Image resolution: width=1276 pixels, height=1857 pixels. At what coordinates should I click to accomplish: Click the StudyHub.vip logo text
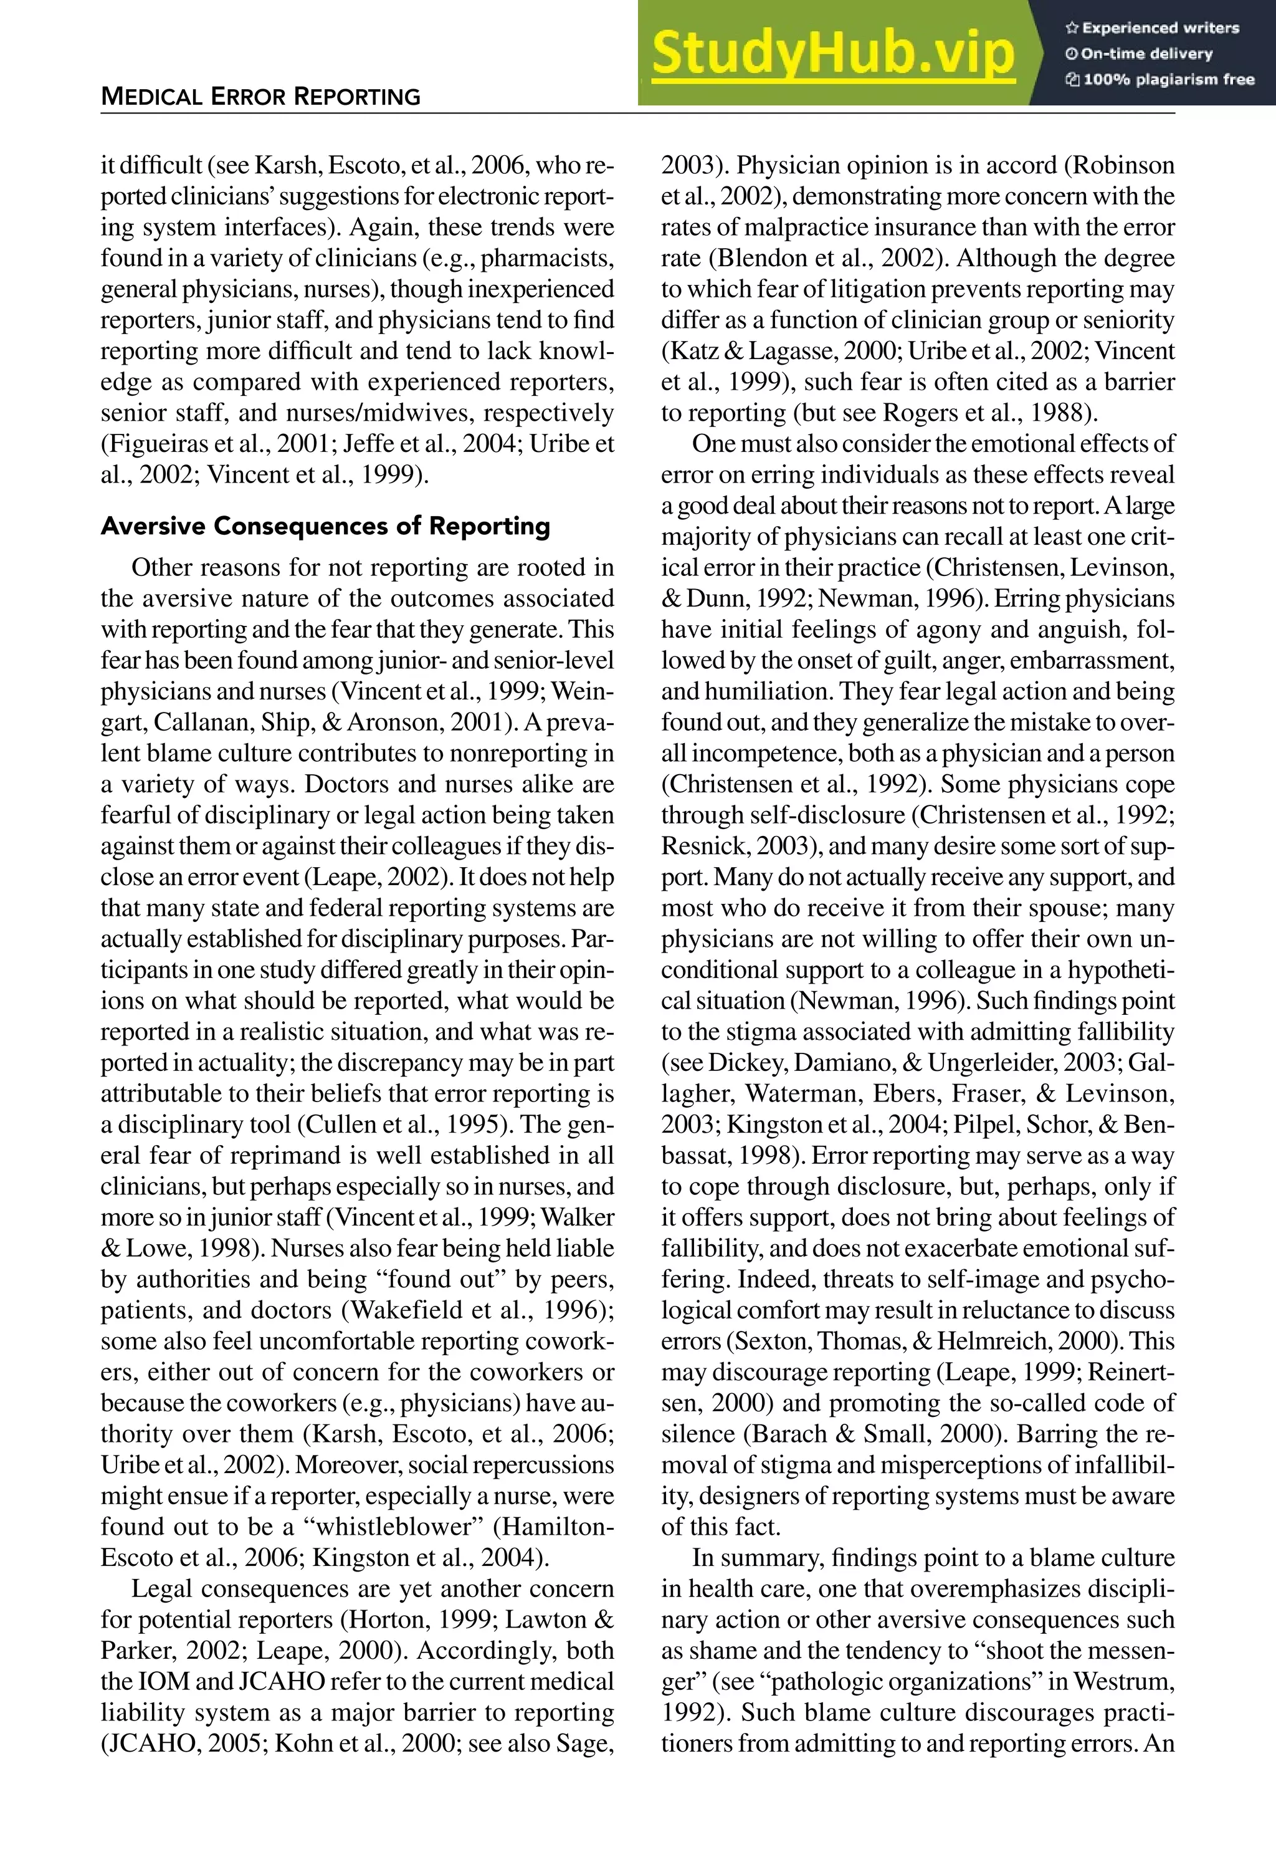pyautogui.click(x=832, y=53)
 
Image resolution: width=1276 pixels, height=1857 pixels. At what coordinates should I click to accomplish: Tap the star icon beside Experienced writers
pyautogui.click(x=1071, y=28)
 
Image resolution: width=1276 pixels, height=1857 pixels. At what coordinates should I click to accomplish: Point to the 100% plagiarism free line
pyautogui.click(x=1160, y=79)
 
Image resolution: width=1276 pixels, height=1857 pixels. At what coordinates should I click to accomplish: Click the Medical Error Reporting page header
pyautogui.click(x=260, y=97)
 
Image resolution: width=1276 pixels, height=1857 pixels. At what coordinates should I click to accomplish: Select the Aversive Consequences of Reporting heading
pyautogui.click(x=325, y=525)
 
